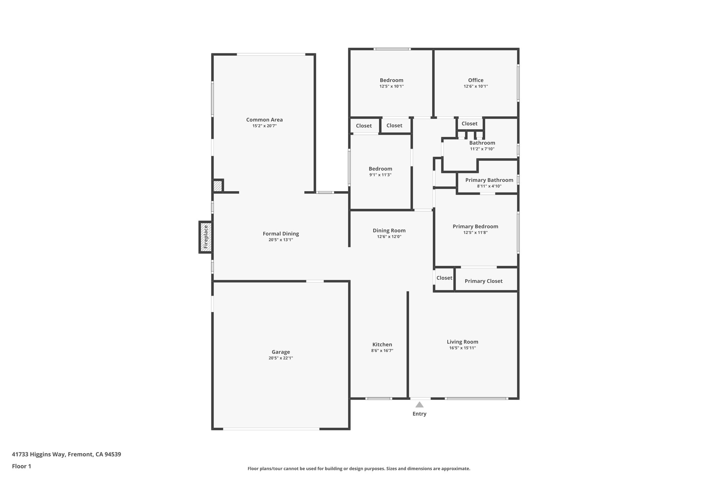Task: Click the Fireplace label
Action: click(206, 237)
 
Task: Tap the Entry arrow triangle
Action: click(419, 405)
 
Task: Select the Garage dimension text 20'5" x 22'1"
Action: click(280, 358)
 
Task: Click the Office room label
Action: click(475, 80)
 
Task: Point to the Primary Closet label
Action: click(483, 281)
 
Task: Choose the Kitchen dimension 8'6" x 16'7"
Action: click(382, 351)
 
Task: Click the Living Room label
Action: click(462, 342)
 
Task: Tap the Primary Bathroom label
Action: click(489, 180)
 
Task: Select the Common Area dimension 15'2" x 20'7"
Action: click(264, 126)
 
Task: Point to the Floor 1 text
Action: click(21, 466)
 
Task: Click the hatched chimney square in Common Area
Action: click(218, 186)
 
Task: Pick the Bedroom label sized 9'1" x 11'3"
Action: click(380, 169)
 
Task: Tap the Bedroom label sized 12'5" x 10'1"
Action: click(391, 80)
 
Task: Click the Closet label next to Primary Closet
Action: click(444, 278)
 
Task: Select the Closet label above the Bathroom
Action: click(469, 124)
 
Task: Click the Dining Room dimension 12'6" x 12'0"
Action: click(389, 237)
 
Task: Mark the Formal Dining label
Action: click(281, 234)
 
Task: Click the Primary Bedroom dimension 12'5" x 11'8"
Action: click(475, 233)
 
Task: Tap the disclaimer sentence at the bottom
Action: click(359, 469)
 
